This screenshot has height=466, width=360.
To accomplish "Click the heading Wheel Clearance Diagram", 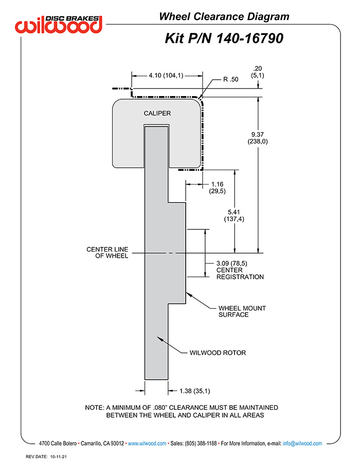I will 224,16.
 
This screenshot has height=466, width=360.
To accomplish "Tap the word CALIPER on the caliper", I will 157,113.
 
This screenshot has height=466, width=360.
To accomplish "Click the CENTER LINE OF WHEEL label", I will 107,253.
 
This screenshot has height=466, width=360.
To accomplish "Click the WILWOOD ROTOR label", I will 218,353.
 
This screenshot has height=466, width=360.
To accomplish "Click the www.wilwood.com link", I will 147,443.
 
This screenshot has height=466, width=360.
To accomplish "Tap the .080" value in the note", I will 164,407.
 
